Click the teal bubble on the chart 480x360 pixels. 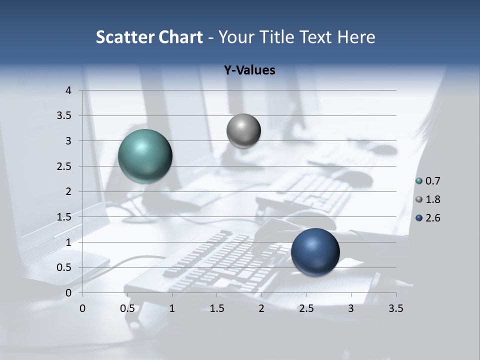[x=145, y=156]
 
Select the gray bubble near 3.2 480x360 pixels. [x=243, y=131]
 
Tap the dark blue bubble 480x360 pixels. [x=315, y=252]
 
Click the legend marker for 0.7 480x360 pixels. [x=419, y=181]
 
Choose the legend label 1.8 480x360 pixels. [x=433, y=199]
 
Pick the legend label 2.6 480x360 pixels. [x=433, y=218]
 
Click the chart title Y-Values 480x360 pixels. [x=249, y=70]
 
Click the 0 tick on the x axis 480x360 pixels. [x=82, y=308]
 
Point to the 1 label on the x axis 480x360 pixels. [x=172, y=308]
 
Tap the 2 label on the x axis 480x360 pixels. [x=261, y=308]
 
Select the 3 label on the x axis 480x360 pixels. [x=351, y=308]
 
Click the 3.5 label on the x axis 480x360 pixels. [x=395, y=308]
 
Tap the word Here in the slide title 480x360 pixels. [x=356, y=37]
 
